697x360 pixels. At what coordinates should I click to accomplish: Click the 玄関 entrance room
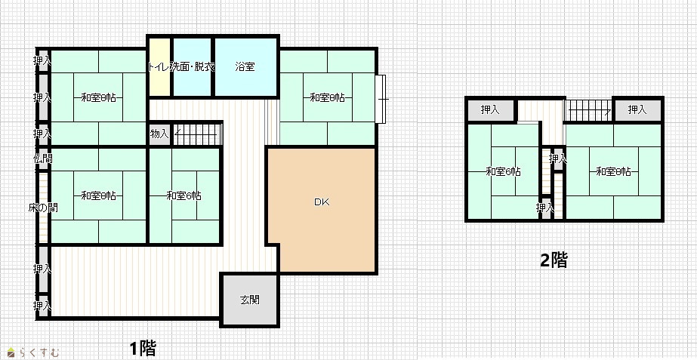[250, 300]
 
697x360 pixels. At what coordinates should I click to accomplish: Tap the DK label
[322, 202]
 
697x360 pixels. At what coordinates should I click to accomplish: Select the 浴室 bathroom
[246, 66]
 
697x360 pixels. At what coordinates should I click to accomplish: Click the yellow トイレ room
[159, 66]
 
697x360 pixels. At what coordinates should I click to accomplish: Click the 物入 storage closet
[159, 134]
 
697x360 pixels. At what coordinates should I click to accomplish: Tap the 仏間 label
[43, 158]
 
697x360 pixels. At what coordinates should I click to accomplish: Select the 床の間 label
[43, 207]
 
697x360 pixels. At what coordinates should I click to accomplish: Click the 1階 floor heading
[143, 349]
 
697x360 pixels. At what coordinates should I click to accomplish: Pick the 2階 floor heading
[554, 260]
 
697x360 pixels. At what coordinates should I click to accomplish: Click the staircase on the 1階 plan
[197, 134]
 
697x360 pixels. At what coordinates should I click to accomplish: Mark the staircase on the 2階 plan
[588, 109]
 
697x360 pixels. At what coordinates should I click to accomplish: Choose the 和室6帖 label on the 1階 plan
[184, 195]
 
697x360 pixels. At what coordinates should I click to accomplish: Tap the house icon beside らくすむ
[11, 353]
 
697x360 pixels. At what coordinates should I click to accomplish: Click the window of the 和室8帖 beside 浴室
[381, 99]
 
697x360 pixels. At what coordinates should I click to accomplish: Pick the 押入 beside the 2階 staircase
[637, 109]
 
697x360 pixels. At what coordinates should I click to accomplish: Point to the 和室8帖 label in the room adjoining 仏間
[99, 195]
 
